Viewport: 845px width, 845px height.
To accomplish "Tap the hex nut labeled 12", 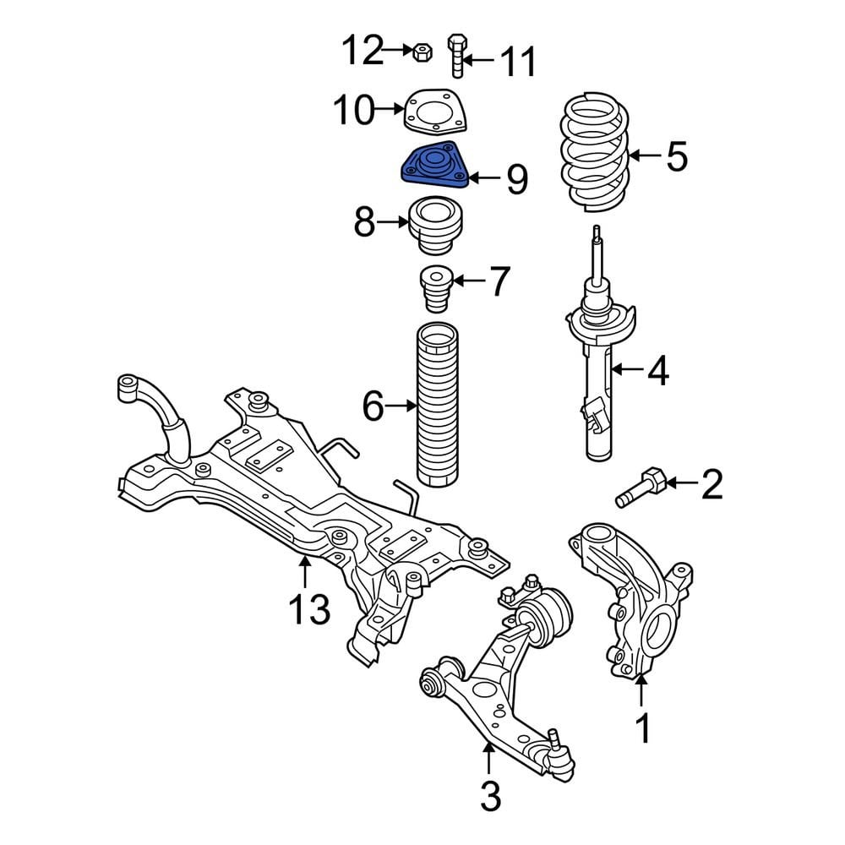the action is (x=422, y=52).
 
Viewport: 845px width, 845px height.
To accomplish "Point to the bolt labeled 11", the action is (x=456, y=56).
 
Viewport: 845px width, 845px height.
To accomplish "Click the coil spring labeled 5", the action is (x=595, y=152).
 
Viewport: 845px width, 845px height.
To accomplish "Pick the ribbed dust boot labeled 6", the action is (x=437, y=406).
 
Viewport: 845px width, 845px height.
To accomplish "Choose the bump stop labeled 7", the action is (x=436, y=289).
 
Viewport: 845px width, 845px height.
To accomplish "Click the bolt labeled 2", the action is (x=642, y=487).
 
